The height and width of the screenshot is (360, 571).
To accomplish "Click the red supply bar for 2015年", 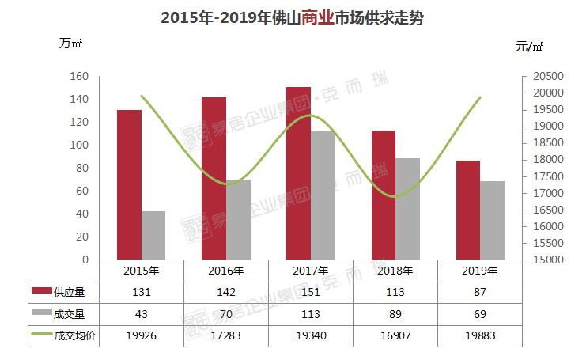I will [129, 184].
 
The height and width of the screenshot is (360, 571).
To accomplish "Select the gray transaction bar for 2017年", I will [323, 195].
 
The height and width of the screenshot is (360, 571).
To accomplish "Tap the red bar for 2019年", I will [468, 210].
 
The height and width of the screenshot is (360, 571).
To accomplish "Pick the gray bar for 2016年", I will [238, 219].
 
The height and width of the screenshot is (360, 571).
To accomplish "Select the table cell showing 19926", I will [142, 335].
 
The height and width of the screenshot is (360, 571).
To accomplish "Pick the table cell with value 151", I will [311, 292].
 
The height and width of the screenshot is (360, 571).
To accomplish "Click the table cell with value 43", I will [142, 314].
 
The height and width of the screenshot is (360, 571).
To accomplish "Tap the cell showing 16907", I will [395, 335].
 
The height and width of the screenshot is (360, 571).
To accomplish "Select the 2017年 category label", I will [311, 271].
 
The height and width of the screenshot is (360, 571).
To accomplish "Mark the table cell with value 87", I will [480, 292].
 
